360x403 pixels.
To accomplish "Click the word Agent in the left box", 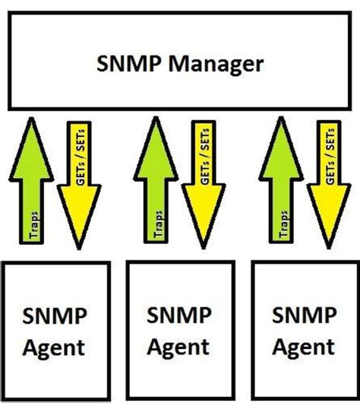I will coord(55,348).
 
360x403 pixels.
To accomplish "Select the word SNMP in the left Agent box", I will coord(55,315).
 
